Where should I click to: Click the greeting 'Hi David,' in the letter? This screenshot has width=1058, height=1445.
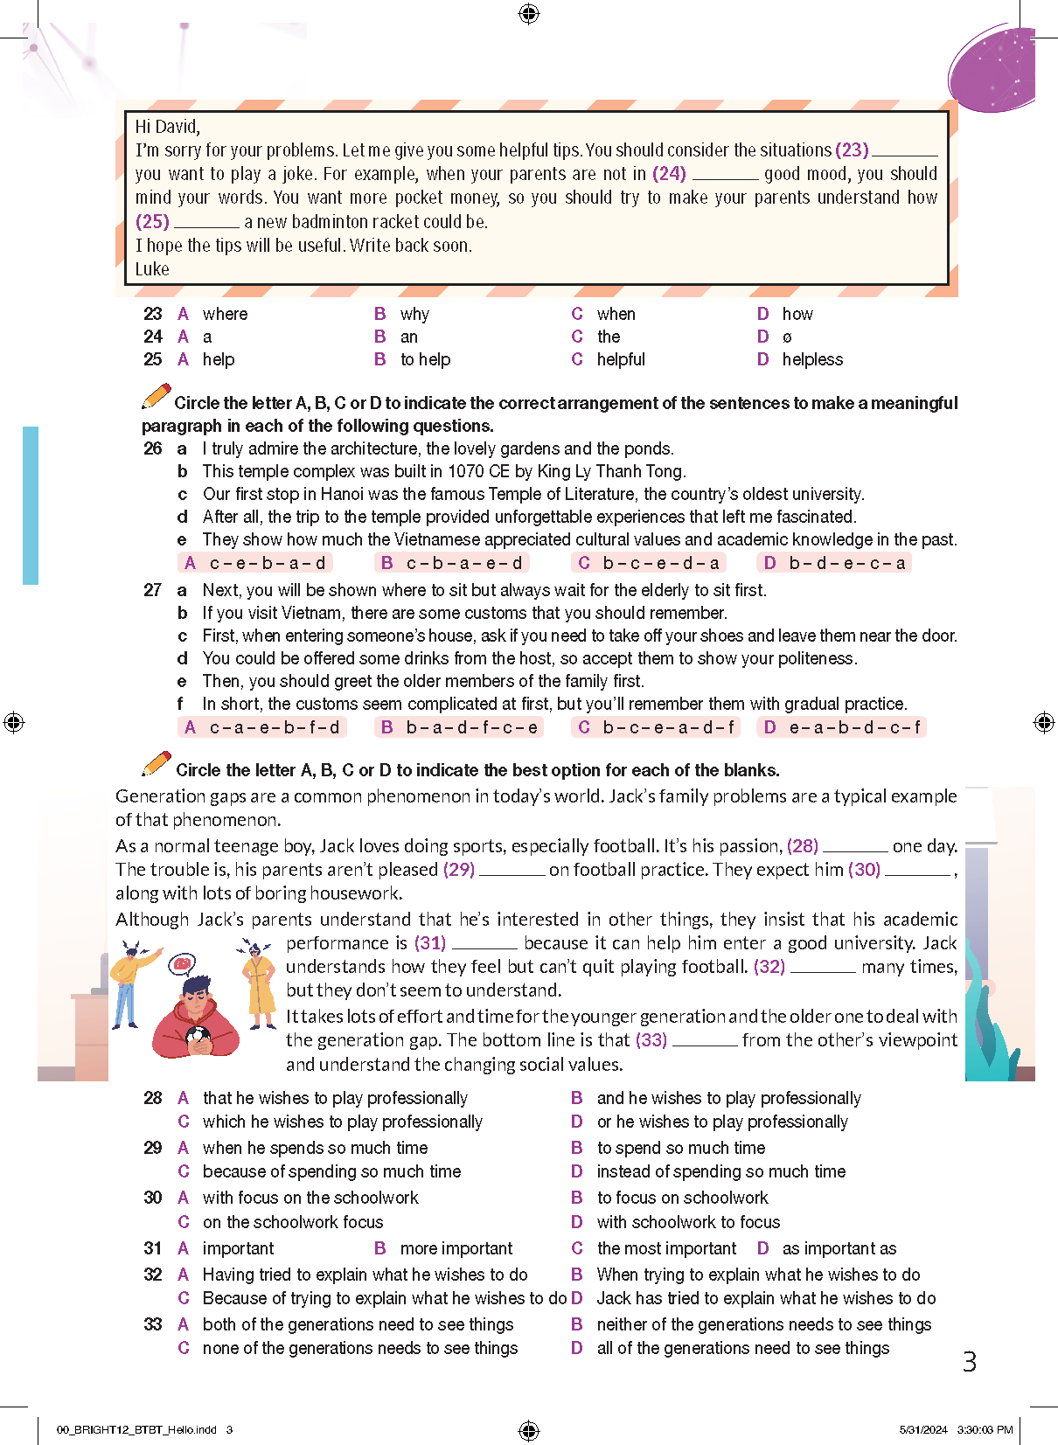point(167,127)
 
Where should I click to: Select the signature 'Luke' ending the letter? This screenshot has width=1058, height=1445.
point(152,269)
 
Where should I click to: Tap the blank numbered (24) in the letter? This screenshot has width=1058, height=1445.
point(725,175)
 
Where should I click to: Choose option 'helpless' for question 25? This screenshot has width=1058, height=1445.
point(811,359)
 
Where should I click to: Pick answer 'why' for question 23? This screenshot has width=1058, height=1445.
point(414,314)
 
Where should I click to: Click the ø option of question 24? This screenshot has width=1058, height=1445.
point(787,337)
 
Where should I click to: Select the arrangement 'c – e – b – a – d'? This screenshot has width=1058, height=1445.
point(267,563)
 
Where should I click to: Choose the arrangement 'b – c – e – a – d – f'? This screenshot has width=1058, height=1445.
point(668,726)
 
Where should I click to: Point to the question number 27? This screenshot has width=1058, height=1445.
point(153,590)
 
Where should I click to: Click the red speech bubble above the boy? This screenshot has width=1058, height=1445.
point(182,964)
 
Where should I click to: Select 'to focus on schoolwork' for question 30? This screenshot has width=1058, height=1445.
point(682,1198)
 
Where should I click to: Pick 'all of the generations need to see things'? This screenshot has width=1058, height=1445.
point(742,1348)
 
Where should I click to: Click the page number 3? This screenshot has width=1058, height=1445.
point(969,1361)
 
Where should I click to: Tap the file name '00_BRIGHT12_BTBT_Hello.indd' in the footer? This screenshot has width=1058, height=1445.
point(136,1430)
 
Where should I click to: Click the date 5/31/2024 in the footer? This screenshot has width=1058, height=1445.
point(922,1430)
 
